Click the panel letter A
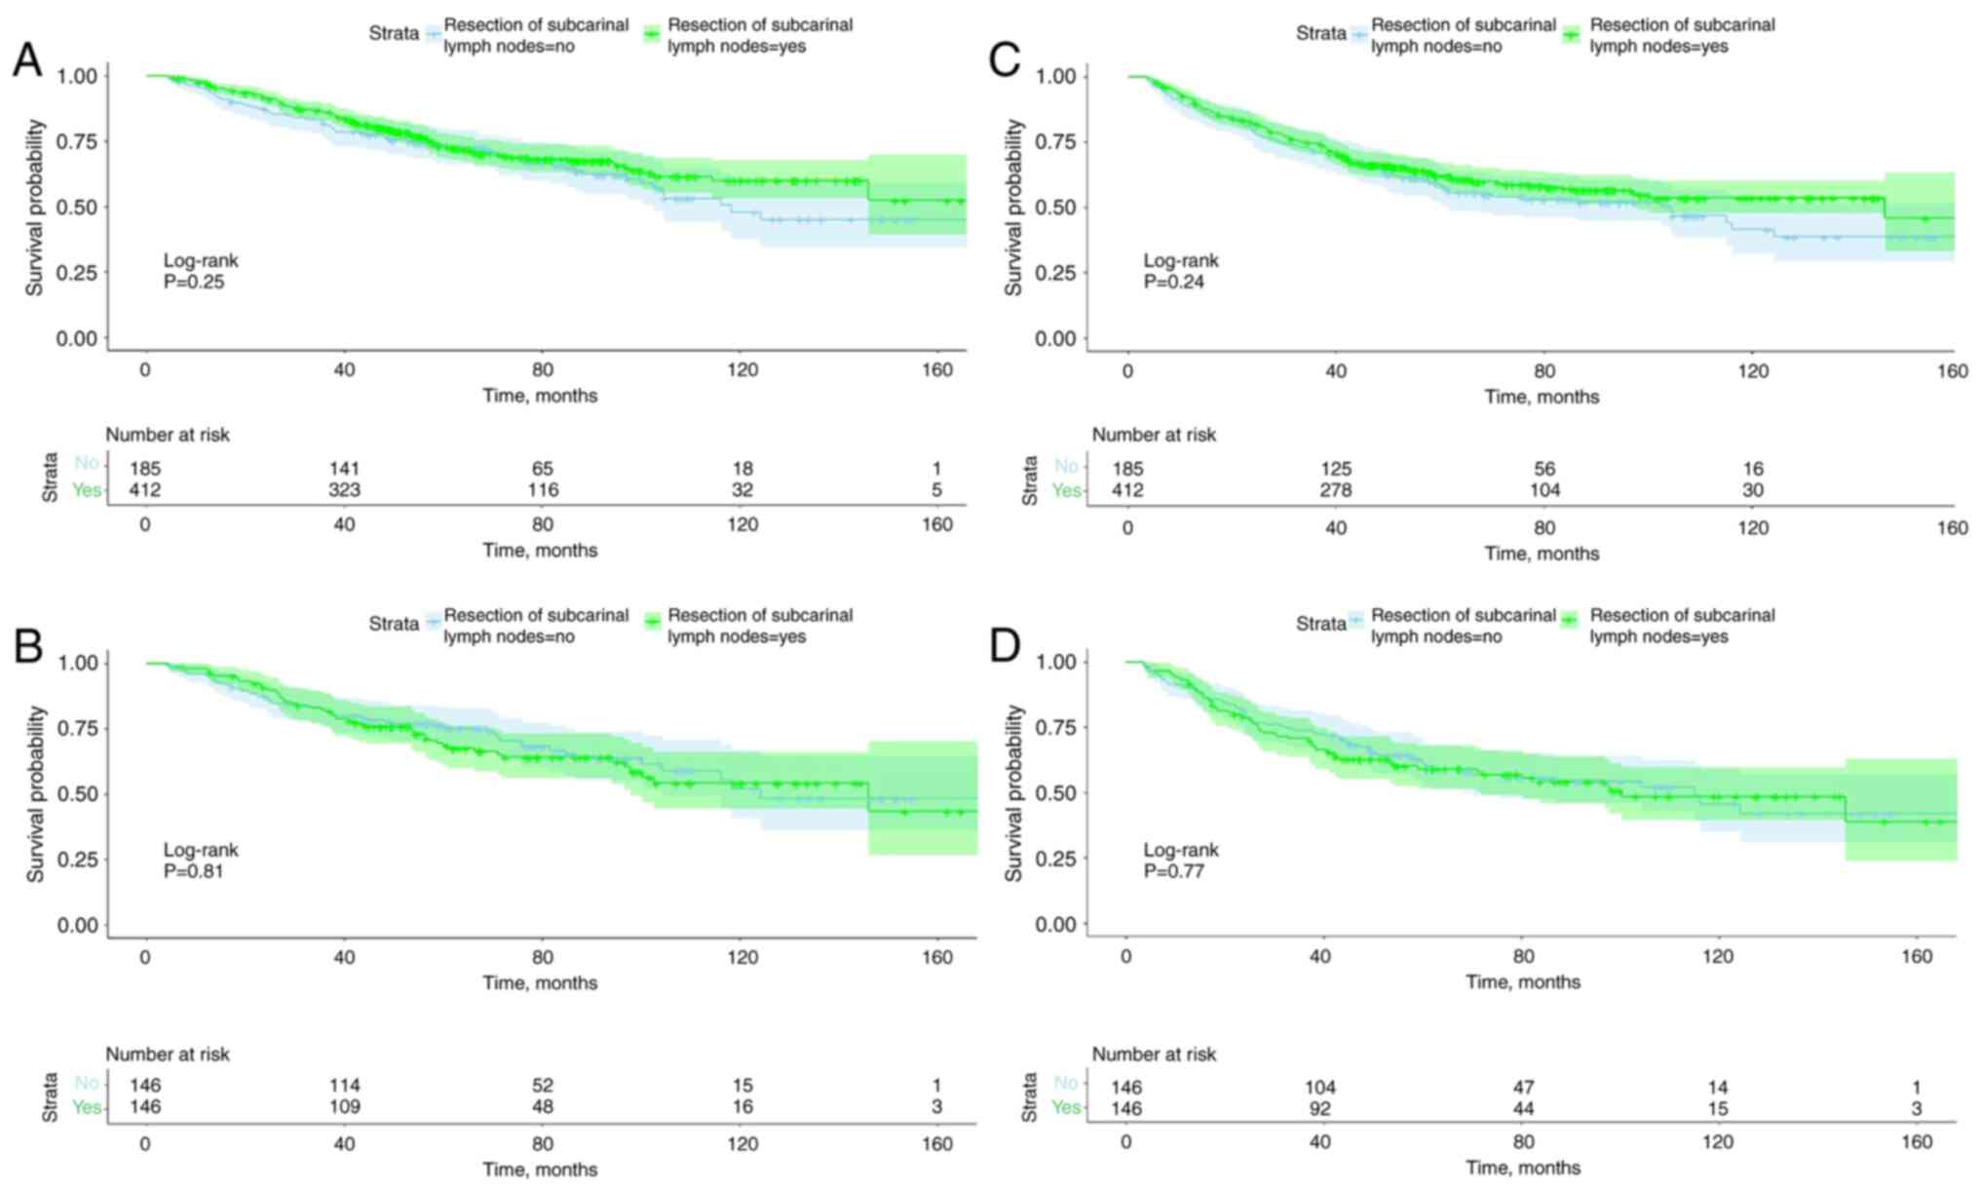(27, 60)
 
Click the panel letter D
(1004, 646)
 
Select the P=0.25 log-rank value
(194, 283)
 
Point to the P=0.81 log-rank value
(194, 871)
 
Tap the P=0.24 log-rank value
(1174, 283)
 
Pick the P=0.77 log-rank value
(1174, 871)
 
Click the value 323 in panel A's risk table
(344, 490)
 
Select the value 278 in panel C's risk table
(1335, 490)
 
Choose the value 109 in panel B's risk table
(344, 1107)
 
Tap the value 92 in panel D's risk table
(1320, 1108)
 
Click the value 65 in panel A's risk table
(543, 469)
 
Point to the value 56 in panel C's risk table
(1544, 469)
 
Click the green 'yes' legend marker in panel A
(652, 35)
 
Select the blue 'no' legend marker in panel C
(1358, 35)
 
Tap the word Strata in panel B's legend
(394, 624)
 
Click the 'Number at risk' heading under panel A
(168, 435)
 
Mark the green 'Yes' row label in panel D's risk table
(1066, 1108)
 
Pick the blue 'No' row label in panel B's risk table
(87, 1084)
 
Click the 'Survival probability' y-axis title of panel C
(1014, 208)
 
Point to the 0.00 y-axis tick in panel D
(1056, 924)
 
